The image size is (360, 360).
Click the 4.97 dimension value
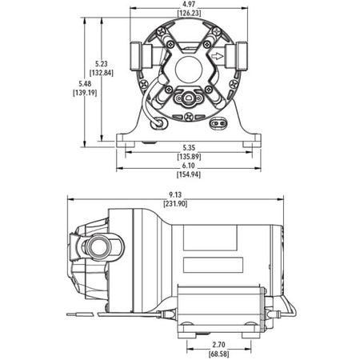[189, 4]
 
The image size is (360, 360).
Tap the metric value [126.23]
[189, 13]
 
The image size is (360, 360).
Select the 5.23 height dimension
[102, 64]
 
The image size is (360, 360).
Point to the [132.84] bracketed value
[102, 73]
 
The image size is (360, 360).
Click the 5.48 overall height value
[85, 84]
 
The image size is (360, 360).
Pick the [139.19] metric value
[85, 93]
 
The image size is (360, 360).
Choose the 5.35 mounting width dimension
[189, 147]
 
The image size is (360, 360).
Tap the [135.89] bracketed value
[189, 157]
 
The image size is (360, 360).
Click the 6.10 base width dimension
[189, 166]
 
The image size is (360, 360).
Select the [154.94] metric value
[189, 174]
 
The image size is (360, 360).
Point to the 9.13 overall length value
[175, 195]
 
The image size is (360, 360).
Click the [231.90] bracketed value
[175, 204]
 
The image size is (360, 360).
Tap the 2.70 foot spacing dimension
[218, 345]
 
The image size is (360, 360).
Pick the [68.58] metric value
[218, 354]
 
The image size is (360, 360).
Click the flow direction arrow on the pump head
[217, 56]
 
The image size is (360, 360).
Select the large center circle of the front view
[189, 70]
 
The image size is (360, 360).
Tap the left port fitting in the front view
[141, 56]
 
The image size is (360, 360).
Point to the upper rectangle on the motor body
[210, 238]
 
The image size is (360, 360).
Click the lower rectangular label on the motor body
[213, 265]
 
